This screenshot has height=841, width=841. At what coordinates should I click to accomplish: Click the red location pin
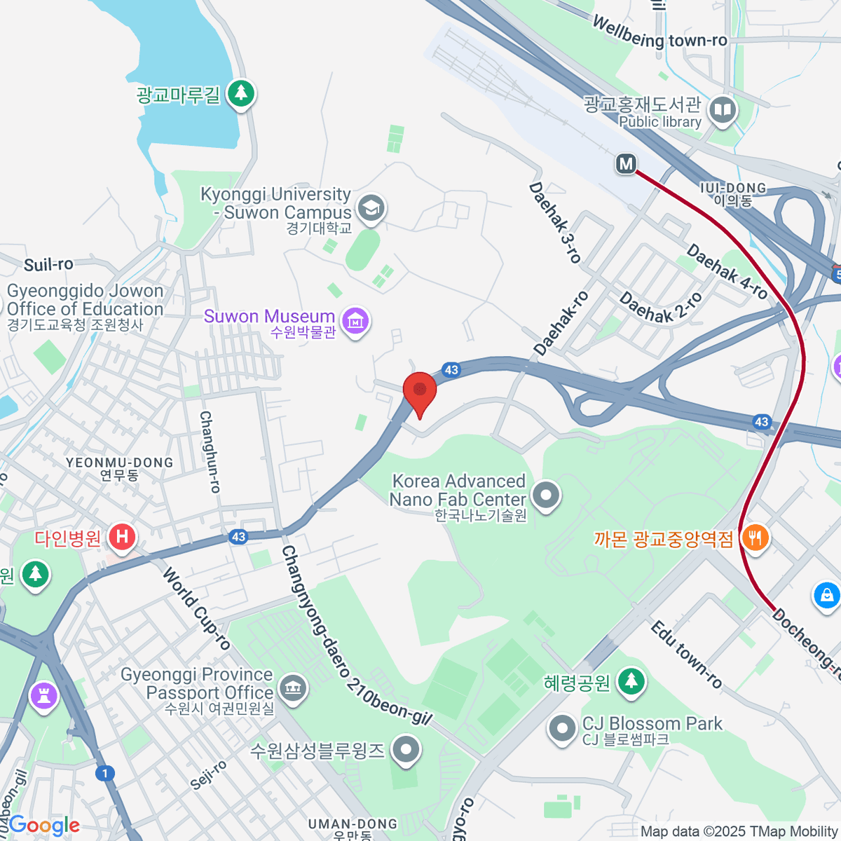point(420,389)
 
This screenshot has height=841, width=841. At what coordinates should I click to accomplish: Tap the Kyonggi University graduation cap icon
point(371,208)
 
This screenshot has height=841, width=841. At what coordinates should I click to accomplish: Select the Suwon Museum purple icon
point(356,321)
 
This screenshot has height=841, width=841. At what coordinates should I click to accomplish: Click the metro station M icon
point(625,164)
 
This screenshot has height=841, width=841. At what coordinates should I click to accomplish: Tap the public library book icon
point(722,110)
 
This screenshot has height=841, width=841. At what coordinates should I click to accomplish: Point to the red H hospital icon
point(123,538)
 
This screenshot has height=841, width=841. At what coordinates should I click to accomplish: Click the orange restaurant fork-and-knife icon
point(755,538)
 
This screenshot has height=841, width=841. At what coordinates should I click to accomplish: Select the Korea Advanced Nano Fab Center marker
point(547,495)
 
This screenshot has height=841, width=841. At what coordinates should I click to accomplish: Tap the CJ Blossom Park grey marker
point(561,729)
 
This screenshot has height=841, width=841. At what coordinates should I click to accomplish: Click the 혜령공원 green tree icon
point(631,681)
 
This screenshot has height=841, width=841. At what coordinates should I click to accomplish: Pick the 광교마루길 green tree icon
point(241,93)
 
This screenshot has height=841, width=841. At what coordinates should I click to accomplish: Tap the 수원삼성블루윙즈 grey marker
point(405,751)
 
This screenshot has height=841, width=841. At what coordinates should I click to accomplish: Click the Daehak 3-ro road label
point(554,223)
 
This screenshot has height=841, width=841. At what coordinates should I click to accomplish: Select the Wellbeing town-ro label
point(659,33)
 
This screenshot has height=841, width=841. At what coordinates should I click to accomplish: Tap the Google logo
point(44,825)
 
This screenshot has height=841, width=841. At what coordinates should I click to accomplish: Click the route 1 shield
point(105,773)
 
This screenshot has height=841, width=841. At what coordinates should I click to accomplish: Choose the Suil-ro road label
point(48,264)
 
